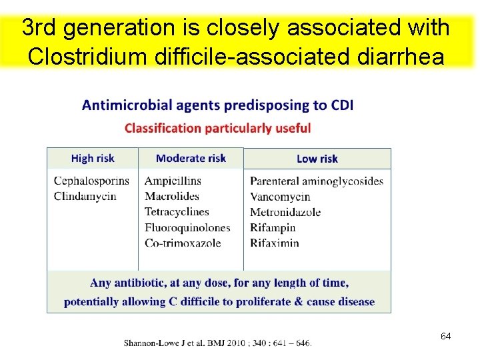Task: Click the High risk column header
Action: click(93, 158)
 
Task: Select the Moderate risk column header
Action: click(191, 158)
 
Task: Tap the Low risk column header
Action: click(317, 159)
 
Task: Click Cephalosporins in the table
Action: click(91, 181)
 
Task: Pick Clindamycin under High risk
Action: click(85, 196)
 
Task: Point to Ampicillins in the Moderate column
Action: click(173, 181)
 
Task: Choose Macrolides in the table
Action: click(172, 196)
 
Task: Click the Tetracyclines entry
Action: click(177, 211)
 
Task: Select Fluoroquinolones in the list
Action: click(187, 227)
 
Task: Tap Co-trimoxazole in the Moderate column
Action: click(183, 243)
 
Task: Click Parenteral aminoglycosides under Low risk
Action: click(317, 181)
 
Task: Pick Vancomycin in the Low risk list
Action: click(280, 197)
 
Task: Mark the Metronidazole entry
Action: click(285, 212)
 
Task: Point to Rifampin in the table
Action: click(273, 227)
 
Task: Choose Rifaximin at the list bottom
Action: click(275, 243)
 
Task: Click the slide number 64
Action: click(445, 336)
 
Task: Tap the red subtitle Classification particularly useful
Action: click(217, 127)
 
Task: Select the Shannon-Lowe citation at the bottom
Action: click(217, 343)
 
